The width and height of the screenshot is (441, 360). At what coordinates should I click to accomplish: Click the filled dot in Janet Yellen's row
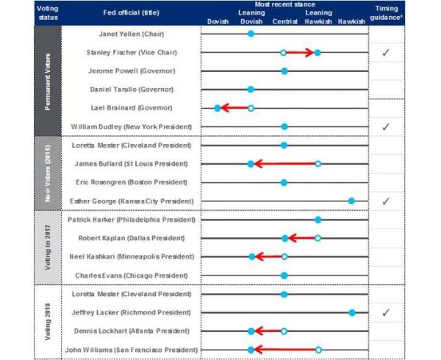pos(251,34)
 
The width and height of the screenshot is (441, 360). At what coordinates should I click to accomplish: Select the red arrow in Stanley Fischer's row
pos(300,53)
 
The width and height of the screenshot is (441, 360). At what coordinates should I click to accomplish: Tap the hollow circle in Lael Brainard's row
pos(251,108)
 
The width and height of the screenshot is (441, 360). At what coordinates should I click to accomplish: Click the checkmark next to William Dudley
pos(386,127)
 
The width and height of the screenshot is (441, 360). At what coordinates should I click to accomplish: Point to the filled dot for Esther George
pos(351,201)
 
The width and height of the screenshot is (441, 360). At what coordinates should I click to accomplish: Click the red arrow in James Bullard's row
pos(284,164)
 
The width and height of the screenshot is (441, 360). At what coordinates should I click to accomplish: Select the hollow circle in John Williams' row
pos(318,350)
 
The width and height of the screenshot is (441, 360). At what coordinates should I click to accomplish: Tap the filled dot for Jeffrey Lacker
pos(352,312)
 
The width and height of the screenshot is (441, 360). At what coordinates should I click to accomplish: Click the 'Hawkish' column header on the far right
pos(351,21)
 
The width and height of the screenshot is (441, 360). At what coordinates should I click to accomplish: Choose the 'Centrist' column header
pos(285,21)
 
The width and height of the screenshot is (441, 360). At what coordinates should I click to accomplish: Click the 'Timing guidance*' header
pos(387,13)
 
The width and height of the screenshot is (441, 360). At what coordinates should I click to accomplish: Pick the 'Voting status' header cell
pos(48,13)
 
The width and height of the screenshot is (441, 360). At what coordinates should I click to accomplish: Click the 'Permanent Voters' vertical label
pos(48,82)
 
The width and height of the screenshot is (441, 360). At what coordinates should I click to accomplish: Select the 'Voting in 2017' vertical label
pos(48,248)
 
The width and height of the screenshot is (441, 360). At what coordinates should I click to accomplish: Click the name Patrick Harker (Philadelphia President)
pos(132,220)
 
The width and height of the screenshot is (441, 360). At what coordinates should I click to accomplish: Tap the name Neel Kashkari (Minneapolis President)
pos(132,256)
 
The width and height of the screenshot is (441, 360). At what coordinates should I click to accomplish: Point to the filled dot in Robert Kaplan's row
pos(285,238)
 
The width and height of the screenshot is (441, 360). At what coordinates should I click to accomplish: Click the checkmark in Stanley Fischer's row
pos(386,52)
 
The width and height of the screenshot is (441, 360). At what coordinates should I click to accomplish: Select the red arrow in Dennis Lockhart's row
pos(268,331)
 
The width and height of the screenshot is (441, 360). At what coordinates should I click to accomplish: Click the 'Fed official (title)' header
pos(131,12)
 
